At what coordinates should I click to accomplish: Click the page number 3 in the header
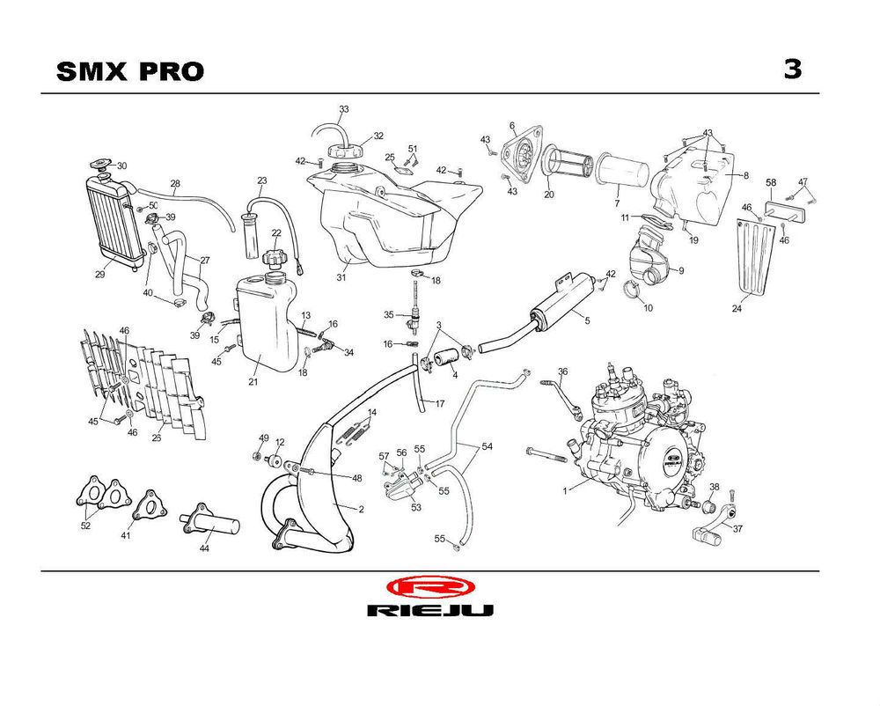793,70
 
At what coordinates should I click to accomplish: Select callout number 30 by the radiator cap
121,165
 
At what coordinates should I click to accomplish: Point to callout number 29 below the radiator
100,275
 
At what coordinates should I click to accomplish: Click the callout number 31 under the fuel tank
341,278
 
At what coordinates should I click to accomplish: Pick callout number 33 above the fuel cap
344,109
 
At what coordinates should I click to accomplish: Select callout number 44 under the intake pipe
204,548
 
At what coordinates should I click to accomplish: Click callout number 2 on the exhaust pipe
361,509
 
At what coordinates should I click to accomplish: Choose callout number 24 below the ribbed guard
737,308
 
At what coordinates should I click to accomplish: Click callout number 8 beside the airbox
745,176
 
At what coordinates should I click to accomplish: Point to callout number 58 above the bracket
770,183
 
